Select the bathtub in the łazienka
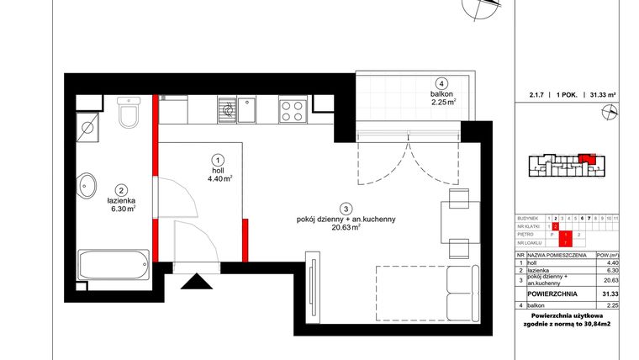pos(113,266)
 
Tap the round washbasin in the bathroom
pos(88,184)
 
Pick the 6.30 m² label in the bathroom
pos(122,209)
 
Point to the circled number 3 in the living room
pos(346,208)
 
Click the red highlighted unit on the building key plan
pos(586,157)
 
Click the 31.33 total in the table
pos(610,294)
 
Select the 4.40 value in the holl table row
pos(612,262)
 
